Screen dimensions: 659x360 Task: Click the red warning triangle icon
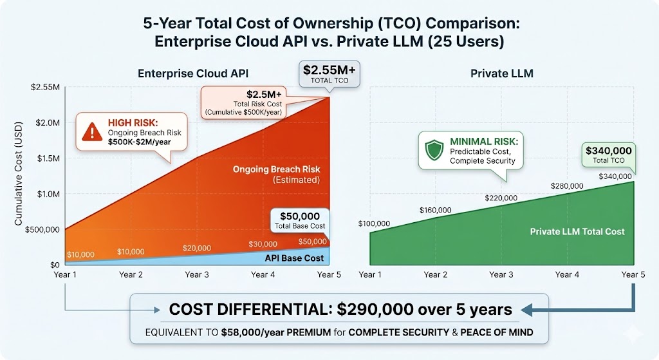[x=91, y=131]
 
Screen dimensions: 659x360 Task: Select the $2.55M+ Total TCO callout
[x=329, y=74]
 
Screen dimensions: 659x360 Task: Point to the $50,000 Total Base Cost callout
[x=300, y=220]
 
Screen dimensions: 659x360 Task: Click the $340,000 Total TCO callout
[x=609, y=155]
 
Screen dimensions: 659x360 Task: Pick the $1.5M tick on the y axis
[x=48, y=158]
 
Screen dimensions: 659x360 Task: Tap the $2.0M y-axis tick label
[x=48, y=123]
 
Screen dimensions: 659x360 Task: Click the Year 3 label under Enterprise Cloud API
[x=197, y=274]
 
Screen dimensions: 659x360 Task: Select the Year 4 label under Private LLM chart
[x=567, y=274]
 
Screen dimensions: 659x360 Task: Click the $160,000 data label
[x=436, y=210]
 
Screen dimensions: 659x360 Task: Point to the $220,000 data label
[x=501, y=198]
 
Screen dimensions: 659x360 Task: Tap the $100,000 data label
[x=374, y=223]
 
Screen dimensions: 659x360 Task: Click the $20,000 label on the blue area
[x=197, y=248]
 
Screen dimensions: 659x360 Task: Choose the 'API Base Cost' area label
[x=294, y=258]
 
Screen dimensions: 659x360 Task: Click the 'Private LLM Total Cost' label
[x=577, y=232]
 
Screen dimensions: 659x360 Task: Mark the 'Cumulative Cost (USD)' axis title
[x=18, y=173]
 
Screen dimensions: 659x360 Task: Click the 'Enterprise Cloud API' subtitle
[x=193, y=73]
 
